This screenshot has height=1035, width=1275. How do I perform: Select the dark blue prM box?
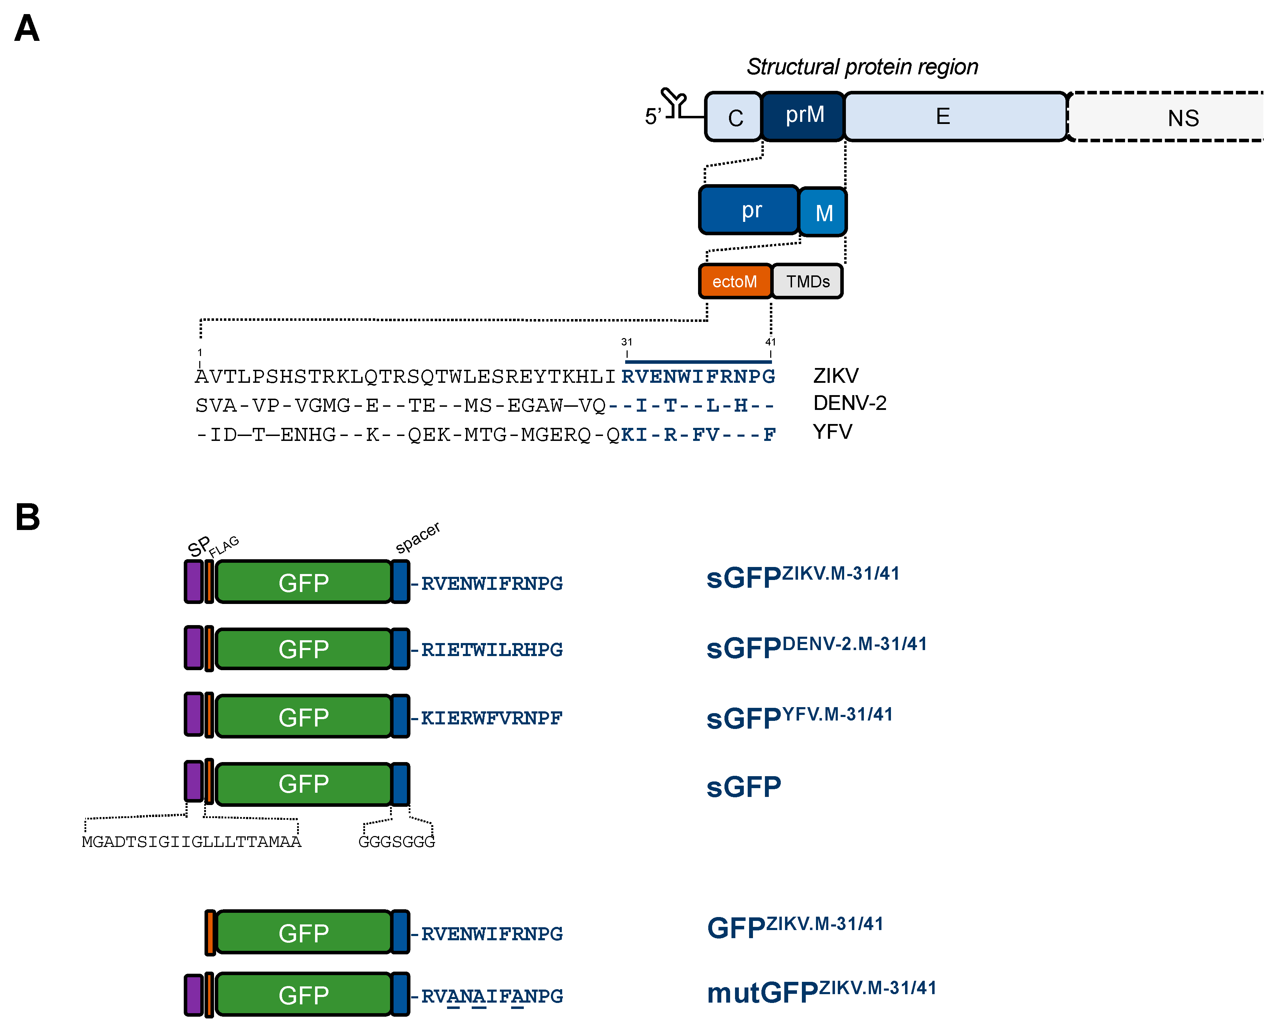point(803,116)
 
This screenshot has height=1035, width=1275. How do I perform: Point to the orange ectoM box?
point(735,281)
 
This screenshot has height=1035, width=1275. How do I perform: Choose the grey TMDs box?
point(807,281)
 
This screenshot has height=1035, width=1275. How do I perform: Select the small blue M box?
point(823,212)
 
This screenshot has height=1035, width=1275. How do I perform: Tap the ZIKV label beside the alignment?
point(835,376)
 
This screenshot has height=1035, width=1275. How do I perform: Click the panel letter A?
point(27,29)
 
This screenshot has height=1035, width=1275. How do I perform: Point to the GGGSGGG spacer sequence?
point(396,841)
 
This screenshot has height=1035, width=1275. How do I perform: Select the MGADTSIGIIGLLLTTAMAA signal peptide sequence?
point(191,841)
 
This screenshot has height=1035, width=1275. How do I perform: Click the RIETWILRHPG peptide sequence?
point(491,649)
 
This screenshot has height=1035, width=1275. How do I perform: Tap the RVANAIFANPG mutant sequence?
point(491,996)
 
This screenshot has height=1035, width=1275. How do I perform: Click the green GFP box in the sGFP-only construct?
point(303,784)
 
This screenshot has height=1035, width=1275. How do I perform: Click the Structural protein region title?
point(862,67)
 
